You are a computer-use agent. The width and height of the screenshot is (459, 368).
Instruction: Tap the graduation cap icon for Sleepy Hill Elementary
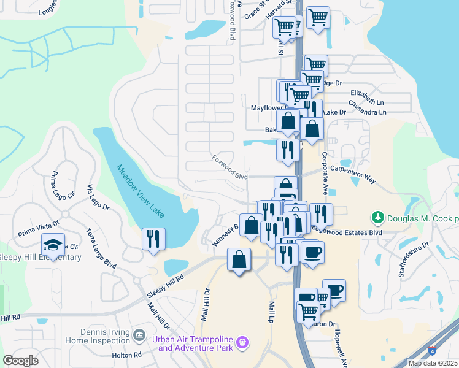point(53,245)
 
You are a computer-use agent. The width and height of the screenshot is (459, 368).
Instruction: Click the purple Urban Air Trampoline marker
point(244,342)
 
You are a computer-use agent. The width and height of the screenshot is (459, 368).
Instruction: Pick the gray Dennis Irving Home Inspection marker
point(139,335)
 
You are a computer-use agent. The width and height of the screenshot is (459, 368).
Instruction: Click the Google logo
point(20,360)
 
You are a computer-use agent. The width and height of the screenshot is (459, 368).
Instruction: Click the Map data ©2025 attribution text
point(433,363)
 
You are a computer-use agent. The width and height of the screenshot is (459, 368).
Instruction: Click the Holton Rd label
point(127,355)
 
